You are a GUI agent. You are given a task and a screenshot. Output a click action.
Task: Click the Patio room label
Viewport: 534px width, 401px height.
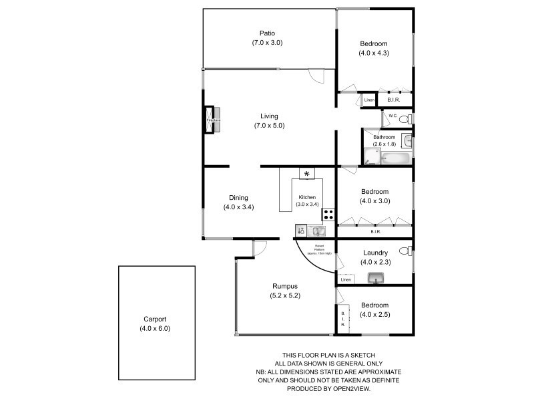click(268, 33)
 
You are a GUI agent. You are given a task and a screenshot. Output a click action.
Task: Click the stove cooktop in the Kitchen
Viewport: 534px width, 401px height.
click(328, 215)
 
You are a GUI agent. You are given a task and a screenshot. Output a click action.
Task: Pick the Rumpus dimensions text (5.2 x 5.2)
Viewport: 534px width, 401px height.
click(282, 295)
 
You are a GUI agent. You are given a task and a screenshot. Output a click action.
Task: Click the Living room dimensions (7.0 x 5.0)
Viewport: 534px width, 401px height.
click(269, 126)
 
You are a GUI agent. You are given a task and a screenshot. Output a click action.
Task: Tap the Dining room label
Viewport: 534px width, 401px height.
click(238, 197)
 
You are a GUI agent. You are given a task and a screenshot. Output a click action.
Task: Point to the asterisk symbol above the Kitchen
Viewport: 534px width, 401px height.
click(307, 174)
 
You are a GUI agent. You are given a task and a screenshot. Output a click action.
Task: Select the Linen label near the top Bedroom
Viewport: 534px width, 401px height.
click(369, 101)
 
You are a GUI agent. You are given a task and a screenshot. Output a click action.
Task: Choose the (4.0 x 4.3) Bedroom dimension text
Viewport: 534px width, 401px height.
click(374, 53)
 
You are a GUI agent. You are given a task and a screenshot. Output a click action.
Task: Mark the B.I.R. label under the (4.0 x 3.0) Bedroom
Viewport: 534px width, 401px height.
click(375, 232)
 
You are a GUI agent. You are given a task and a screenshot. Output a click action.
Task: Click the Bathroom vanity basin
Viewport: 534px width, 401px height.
click(408, 142)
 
